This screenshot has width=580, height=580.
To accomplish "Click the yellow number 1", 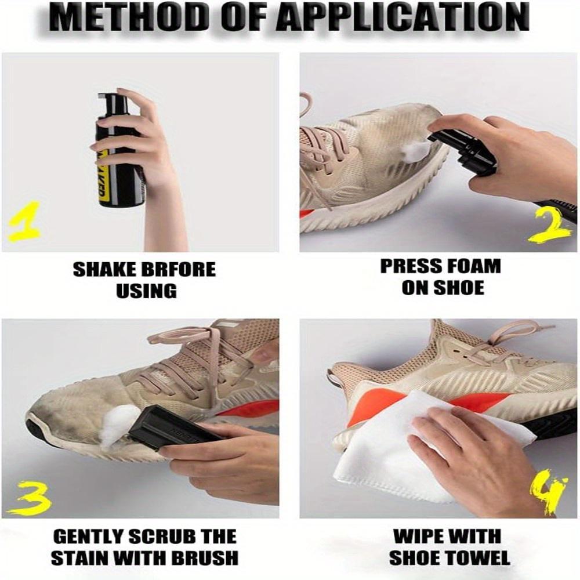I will pyautogui.click(x=23, y=222).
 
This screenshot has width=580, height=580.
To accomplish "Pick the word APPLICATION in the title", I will pyautogui.click(x=407, y=19).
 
